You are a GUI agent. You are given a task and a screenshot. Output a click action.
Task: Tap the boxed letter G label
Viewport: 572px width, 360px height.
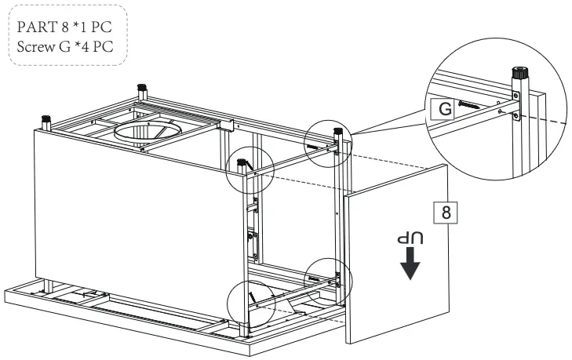[x=444, y=109]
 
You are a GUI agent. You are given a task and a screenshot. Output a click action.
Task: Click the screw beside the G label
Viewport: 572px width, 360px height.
[x=475, y=106]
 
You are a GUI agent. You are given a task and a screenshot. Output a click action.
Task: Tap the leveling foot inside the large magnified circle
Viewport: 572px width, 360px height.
[x=519, y=78]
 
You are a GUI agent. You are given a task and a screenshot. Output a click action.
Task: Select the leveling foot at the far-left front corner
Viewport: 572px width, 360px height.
[x=46, y=123]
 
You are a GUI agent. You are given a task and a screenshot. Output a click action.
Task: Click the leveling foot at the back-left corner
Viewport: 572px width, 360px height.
[x=142, y=89]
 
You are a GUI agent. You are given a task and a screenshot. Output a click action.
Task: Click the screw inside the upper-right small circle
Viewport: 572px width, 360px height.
[x=313, y=146]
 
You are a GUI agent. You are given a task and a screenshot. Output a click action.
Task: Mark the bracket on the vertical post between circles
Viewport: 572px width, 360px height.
[x=253, y=243]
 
